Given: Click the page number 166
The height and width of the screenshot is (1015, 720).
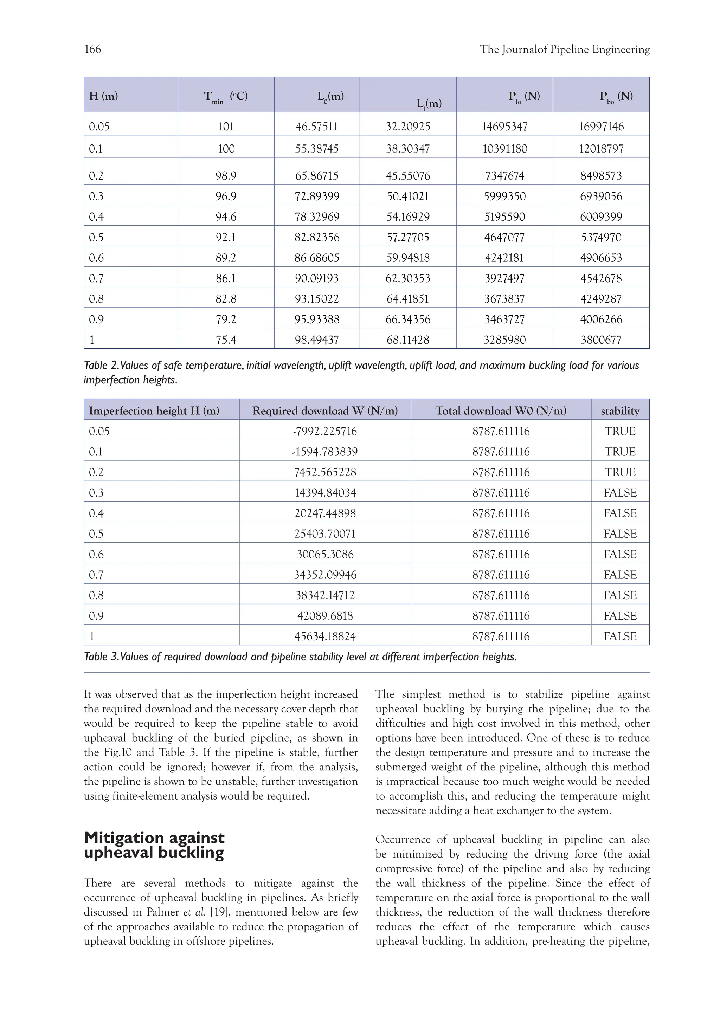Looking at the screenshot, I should (x=93, y=49).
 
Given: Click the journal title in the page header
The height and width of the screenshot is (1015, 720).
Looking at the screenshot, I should (x=564, y=49).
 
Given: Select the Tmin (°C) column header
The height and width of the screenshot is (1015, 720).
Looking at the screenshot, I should (x=226, y=96).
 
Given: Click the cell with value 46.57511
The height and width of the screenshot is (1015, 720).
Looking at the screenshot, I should (x=316, y=127).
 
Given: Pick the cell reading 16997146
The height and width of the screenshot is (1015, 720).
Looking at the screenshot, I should (x=601, y=127).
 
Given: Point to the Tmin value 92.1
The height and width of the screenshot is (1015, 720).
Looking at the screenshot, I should (x=226, y=238).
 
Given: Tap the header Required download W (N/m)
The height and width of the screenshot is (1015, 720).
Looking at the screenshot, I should (x=325, y=411).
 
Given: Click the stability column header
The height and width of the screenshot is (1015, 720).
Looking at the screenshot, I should (x=620, y=411).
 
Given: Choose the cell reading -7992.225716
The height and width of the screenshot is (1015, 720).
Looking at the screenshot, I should (x=325, y=431).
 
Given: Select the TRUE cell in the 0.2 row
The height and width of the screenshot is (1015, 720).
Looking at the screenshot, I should (x=620, y=472).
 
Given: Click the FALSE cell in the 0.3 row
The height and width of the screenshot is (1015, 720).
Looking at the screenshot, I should (x=620, y=493).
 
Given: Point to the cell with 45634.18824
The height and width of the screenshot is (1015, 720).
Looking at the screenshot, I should (x=325, y=636).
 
